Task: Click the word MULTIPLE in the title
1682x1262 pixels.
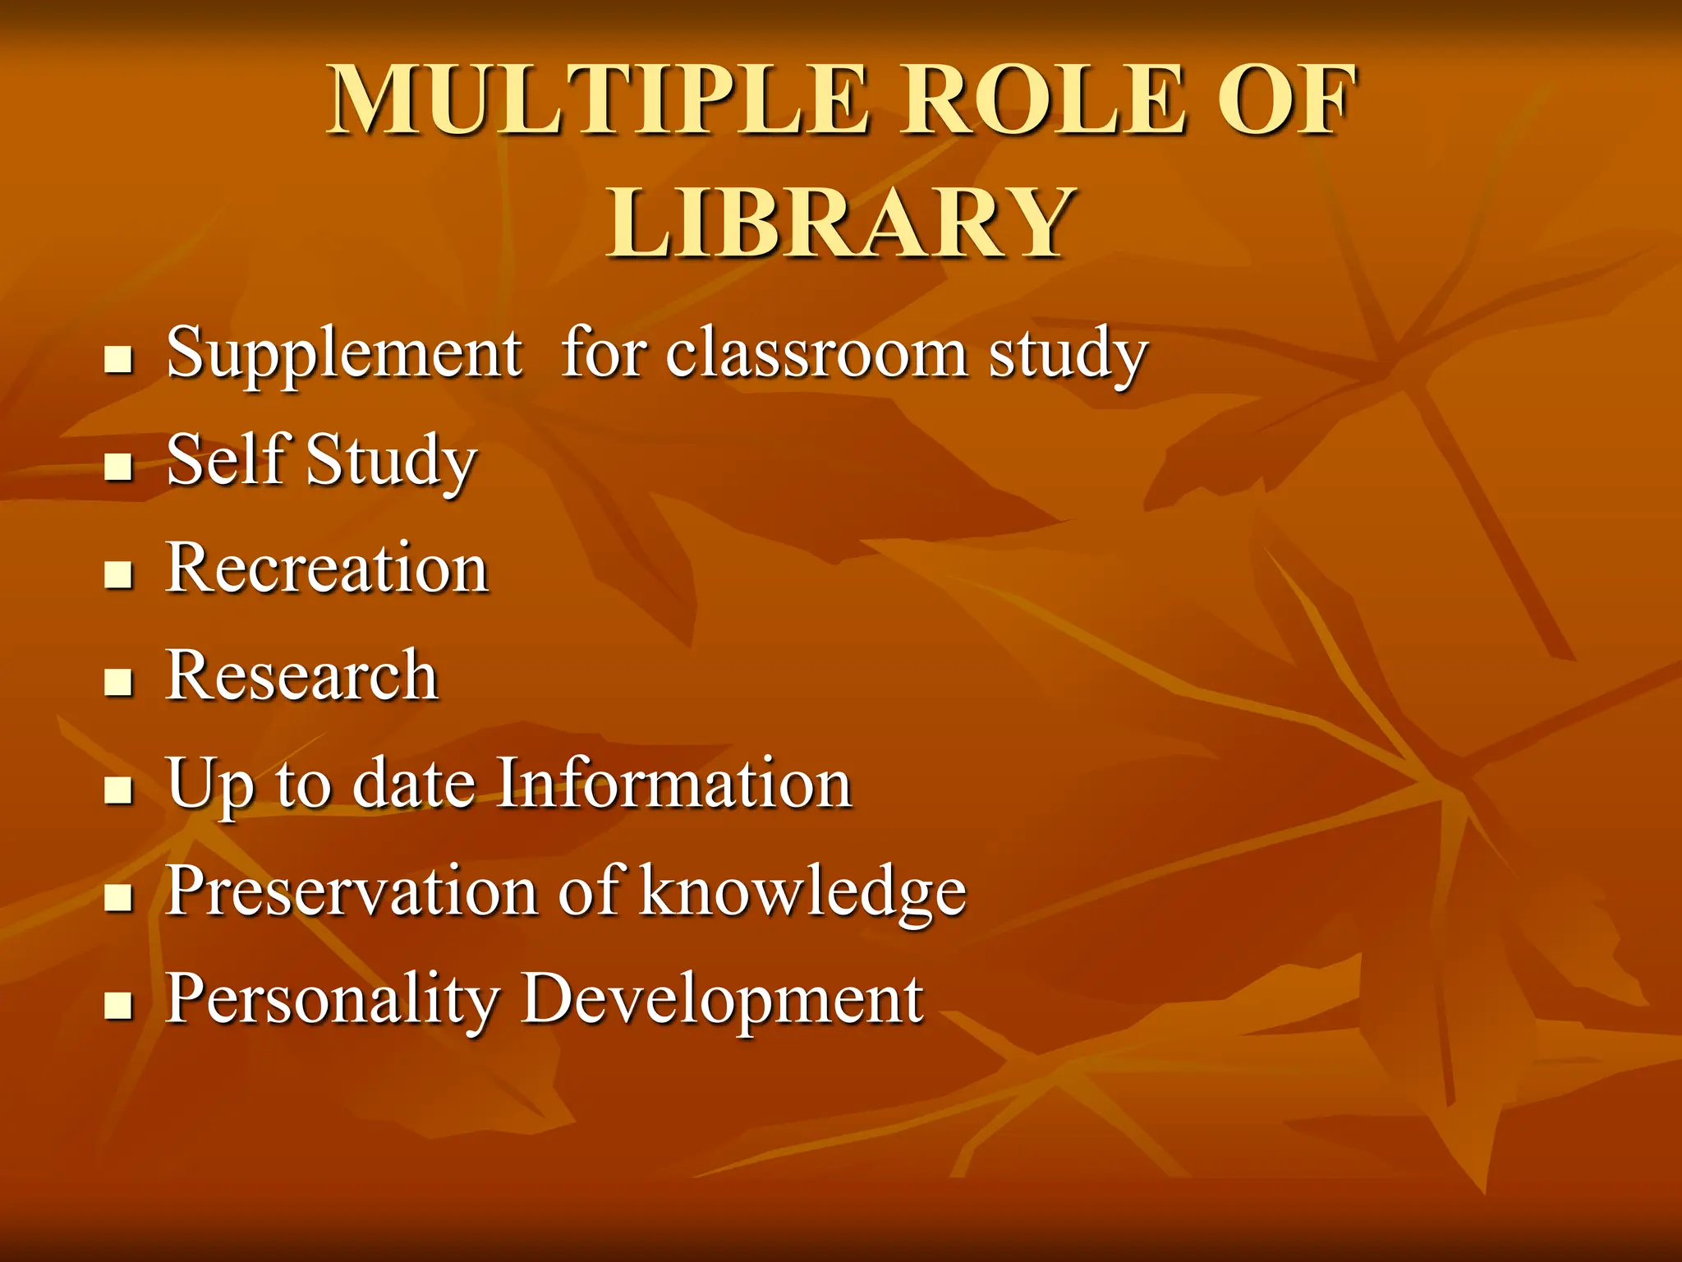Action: (597, 100)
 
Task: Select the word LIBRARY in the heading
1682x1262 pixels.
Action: (840, 222)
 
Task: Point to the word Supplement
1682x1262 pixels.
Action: (344, 353)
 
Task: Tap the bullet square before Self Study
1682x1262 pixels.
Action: (119, 467)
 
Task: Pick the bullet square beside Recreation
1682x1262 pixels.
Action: (119, 575)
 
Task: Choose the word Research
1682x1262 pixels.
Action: (301, 675)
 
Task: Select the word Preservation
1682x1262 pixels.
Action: (351, 891)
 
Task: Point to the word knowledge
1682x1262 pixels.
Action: (802, 892)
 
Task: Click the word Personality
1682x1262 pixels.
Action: (333, 1000)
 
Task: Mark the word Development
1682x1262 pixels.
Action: (722, 1000)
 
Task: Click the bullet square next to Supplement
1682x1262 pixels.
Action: (119, 360)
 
